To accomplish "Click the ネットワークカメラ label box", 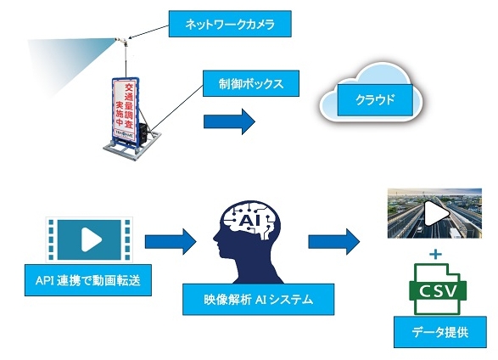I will [x=230, y=24].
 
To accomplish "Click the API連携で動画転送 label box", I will [x=87, y=280].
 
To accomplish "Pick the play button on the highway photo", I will [x=432, y=215].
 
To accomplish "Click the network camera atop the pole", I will [x=120, y=40].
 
